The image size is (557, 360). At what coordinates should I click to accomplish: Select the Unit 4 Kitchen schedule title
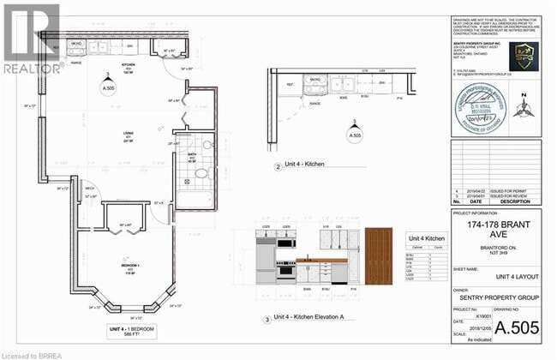423,238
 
